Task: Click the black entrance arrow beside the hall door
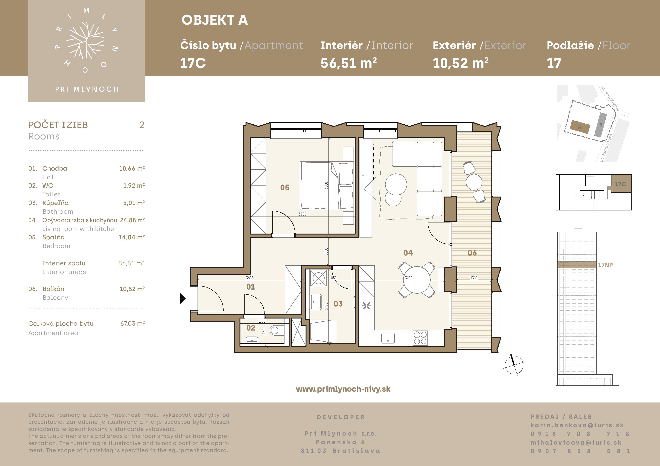(x=182, y=298)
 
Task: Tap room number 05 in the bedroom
(x=285, y=188)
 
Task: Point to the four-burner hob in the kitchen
(x=420, y=338)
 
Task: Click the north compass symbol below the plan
(x=514, y=365)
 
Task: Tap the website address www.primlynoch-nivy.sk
(x=343, y=389)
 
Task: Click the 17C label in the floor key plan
(x=620, y=184)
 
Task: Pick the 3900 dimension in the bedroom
(x=302, y=214)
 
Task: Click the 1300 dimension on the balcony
(x=474, y=278)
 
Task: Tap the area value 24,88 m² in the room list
(x=132, y=220)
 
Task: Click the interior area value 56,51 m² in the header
(x=349, y=63)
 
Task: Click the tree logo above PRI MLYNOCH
(x=85, y=40)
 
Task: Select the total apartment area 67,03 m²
(x=132, y=324)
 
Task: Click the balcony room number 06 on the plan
(x=472, y=253)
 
